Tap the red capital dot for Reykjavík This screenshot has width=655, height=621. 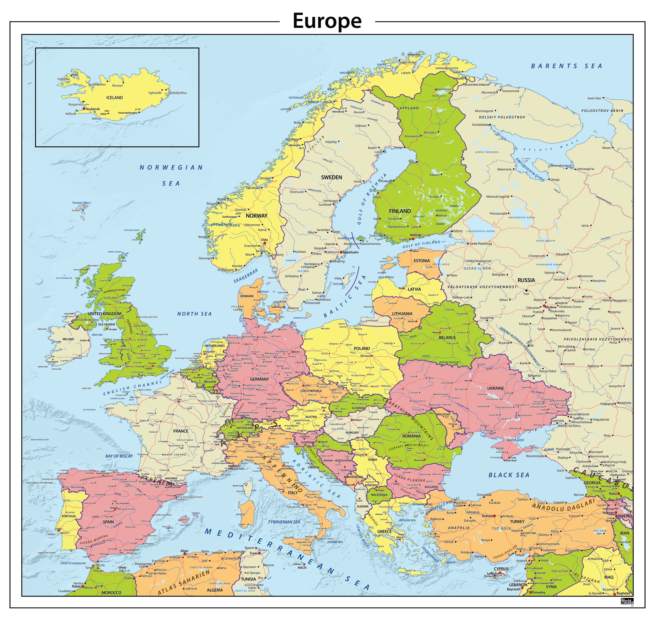click(x=84, y=109)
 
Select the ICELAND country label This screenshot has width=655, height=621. click(x=114, y=98)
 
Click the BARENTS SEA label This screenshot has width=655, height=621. click(x=566, y=66)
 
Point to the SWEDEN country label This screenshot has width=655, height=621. click(x=331, y=178)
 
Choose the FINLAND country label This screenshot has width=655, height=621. click(x=400, y=211)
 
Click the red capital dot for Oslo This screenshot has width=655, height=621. click(x=265, y=243)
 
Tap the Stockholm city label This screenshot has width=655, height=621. click(x=351, y=252)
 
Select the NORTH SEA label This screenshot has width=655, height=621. click(x=194, y=314)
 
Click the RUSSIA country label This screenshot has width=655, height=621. click(x=526, y=280)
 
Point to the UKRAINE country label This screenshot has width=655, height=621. click(x=495, y=388)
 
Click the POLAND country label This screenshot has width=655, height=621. click(x=362, y=348)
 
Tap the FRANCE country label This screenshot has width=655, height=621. click(x=181, y=431)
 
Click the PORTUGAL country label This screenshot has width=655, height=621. click(x=69, y=516)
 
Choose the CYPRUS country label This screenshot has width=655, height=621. click(x=501, y=569)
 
